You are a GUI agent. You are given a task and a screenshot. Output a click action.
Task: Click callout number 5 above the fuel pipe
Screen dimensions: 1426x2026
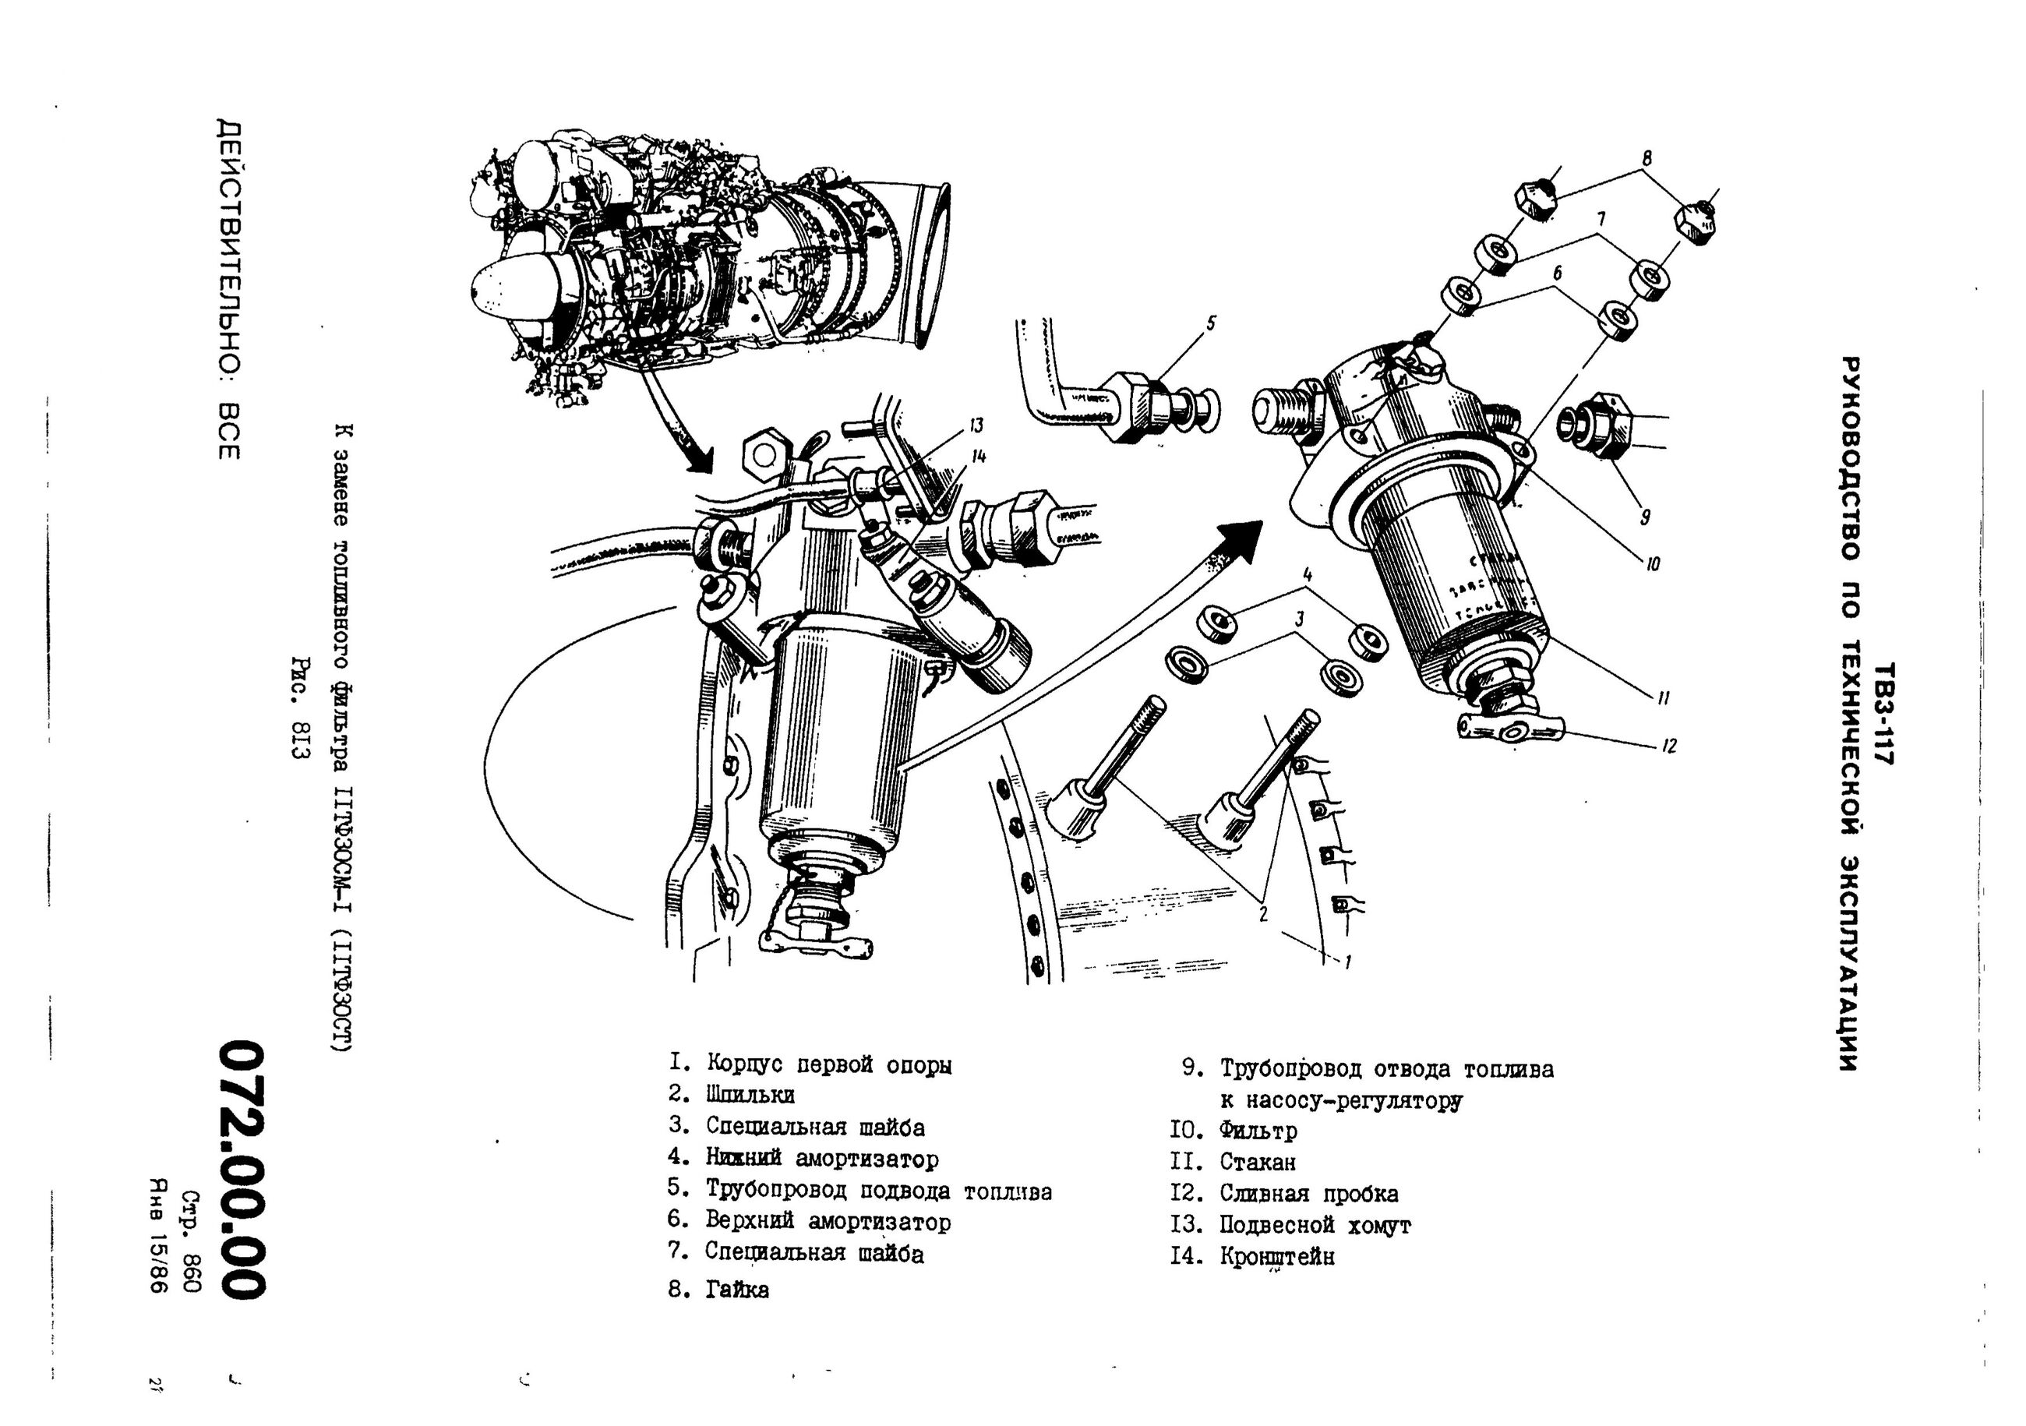[x=1211, y=324]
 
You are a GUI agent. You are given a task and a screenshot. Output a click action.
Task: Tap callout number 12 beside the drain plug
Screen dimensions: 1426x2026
[x=1668, y=747]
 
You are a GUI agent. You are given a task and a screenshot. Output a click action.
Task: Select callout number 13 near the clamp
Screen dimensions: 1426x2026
[x=976, y=426]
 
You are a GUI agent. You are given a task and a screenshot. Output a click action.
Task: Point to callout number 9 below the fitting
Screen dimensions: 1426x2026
[x=1644, y=517]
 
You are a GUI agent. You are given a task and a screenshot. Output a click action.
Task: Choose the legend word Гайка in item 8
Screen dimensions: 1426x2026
[x=737, y=1290]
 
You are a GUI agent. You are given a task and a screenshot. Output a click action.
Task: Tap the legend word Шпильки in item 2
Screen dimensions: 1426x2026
[x=750, y=1095]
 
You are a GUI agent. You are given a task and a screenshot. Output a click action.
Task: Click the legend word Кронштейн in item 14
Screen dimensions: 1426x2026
[x=1277, y=1257]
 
